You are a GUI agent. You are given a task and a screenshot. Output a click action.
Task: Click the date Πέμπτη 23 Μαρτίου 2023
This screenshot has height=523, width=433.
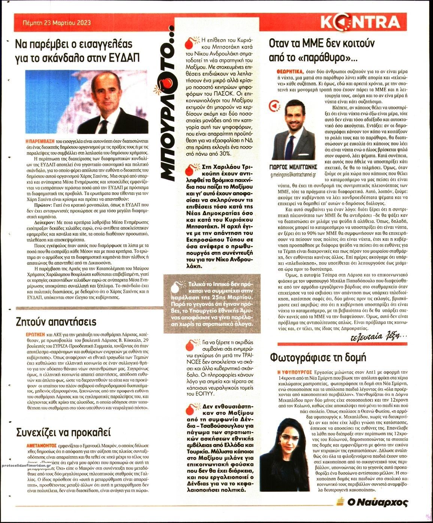[x=54, y=23]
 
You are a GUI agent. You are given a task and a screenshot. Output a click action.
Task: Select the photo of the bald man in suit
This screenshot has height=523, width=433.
[x=87, y=102]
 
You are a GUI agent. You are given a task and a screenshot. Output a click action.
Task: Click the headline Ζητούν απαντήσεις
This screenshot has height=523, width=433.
[x=56, y=322]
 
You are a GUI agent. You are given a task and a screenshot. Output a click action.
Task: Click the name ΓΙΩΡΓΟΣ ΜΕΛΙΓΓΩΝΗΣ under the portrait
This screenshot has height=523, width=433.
[x=294, y=167]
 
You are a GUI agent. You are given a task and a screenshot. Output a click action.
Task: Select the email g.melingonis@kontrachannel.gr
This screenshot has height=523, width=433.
[x=294, y=175]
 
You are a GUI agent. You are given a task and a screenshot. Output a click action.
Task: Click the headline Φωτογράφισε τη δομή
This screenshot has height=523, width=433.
[x=318, y=357]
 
